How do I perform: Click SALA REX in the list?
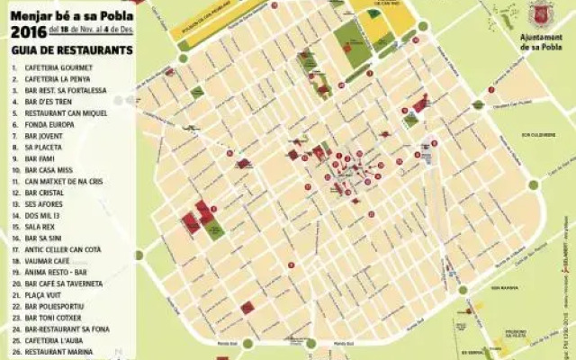click(x=41, y=227)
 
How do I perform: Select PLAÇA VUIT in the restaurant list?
click(x=44, y=294)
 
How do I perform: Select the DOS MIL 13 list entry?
click(x=43, y=215)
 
